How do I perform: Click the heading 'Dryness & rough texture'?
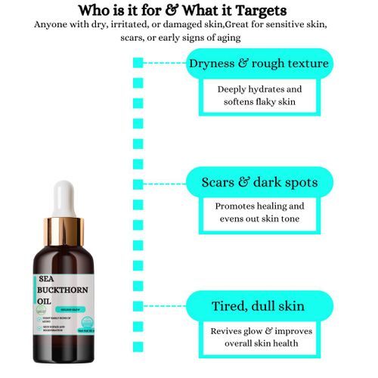click(x=259, y=63)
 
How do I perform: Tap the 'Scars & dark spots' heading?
click(x=259, y=182)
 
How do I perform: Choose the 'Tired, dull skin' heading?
click(x=259, y=305)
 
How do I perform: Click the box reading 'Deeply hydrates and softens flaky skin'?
click(x=259, y=96)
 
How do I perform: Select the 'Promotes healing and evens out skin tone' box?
click(x=259, y=212)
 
